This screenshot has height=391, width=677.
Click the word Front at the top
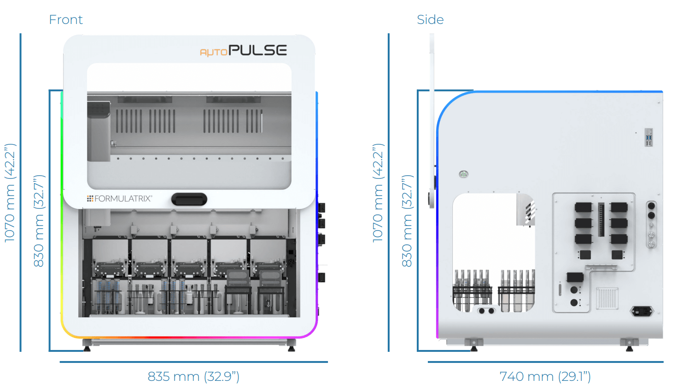(x=66, y=20)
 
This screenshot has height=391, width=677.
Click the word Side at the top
(x=430, y=20)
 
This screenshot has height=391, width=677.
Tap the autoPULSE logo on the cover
(x=243, y=50)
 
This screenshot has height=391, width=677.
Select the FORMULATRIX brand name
(x=123, y=199)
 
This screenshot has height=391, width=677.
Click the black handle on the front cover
(x=189, y=200)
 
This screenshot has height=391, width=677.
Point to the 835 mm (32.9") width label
(x=193, y=377)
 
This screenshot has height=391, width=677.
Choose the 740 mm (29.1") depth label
(x=545, y=377)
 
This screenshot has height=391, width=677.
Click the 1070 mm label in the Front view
(x=10, y=193)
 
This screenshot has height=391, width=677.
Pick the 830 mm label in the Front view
(x=39, y=221)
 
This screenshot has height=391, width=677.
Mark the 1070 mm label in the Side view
(x=378, y=193)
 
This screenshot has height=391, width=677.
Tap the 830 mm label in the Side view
(x=407, y=221)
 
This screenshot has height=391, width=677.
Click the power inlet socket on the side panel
(x=642, y=311)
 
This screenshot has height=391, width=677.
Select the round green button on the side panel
(x=464, y=174)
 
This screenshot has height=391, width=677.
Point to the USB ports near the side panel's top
(x=648, y=137)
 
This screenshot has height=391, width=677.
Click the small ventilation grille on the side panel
(x=607, y=298)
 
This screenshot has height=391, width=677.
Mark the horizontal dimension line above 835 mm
(x=193, y=362)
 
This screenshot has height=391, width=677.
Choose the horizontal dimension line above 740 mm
(x=545, y=362)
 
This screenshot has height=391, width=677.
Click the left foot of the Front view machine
(x=87, y=345)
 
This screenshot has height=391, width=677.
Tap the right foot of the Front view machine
(x=291, y=345)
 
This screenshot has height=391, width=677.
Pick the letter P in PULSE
(x=235, y=50)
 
